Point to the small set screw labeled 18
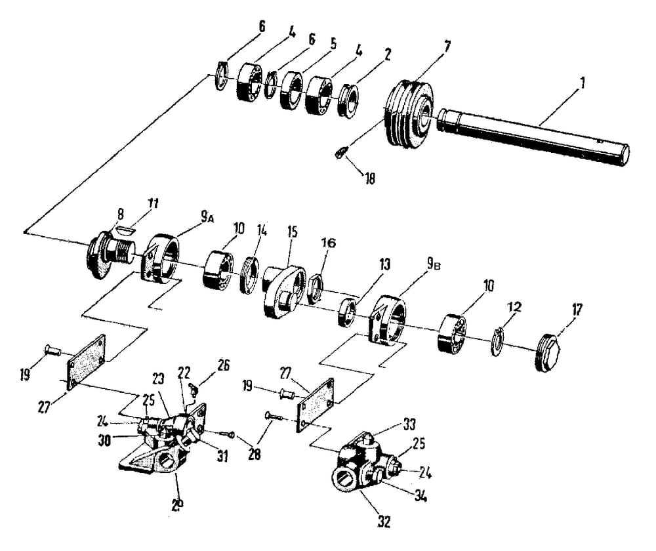tap(339, 153)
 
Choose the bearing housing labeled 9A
tap(161, 260)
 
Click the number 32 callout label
tap(384, 523)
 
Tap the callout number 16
tap(328, 243)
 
